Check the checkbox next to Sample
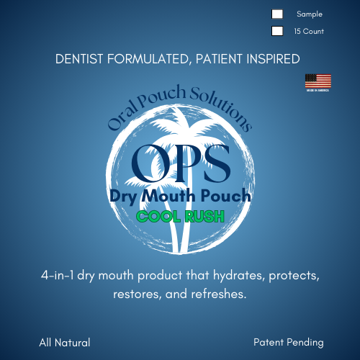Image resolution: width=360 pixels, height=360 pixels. click(x=277, y=14)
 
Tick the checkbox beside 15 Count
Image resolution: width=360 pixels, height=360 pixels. click(x=277, y=31)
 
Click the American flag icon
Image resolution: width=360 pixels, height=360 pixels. click(x=318, y=81)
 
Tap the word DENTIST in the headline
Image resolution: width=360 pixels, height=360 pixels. click(x=81, y=59)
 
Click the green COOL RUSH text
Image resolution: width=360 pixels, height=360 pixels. click(x=180, y=216)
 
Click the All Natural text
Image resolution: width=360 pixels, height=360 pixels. click(x=65, y=343)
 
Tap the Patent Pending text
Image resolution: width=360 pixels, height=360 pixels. click(x=289, y=343)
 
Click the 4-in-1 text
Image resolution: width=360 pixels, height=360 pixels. click(x=61, y=276)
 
